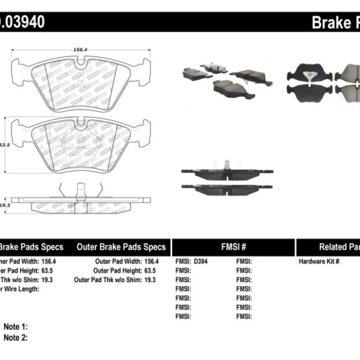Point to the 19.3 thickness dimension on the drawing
pos(6,205)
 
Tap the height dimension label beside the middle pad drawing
pos(5,145)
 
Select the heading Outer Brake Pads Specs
pos(121,247)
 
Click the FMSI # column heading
pos(233,247)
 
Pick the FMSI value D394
pos(201,262)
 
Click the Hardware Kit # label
pos(320,262)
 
